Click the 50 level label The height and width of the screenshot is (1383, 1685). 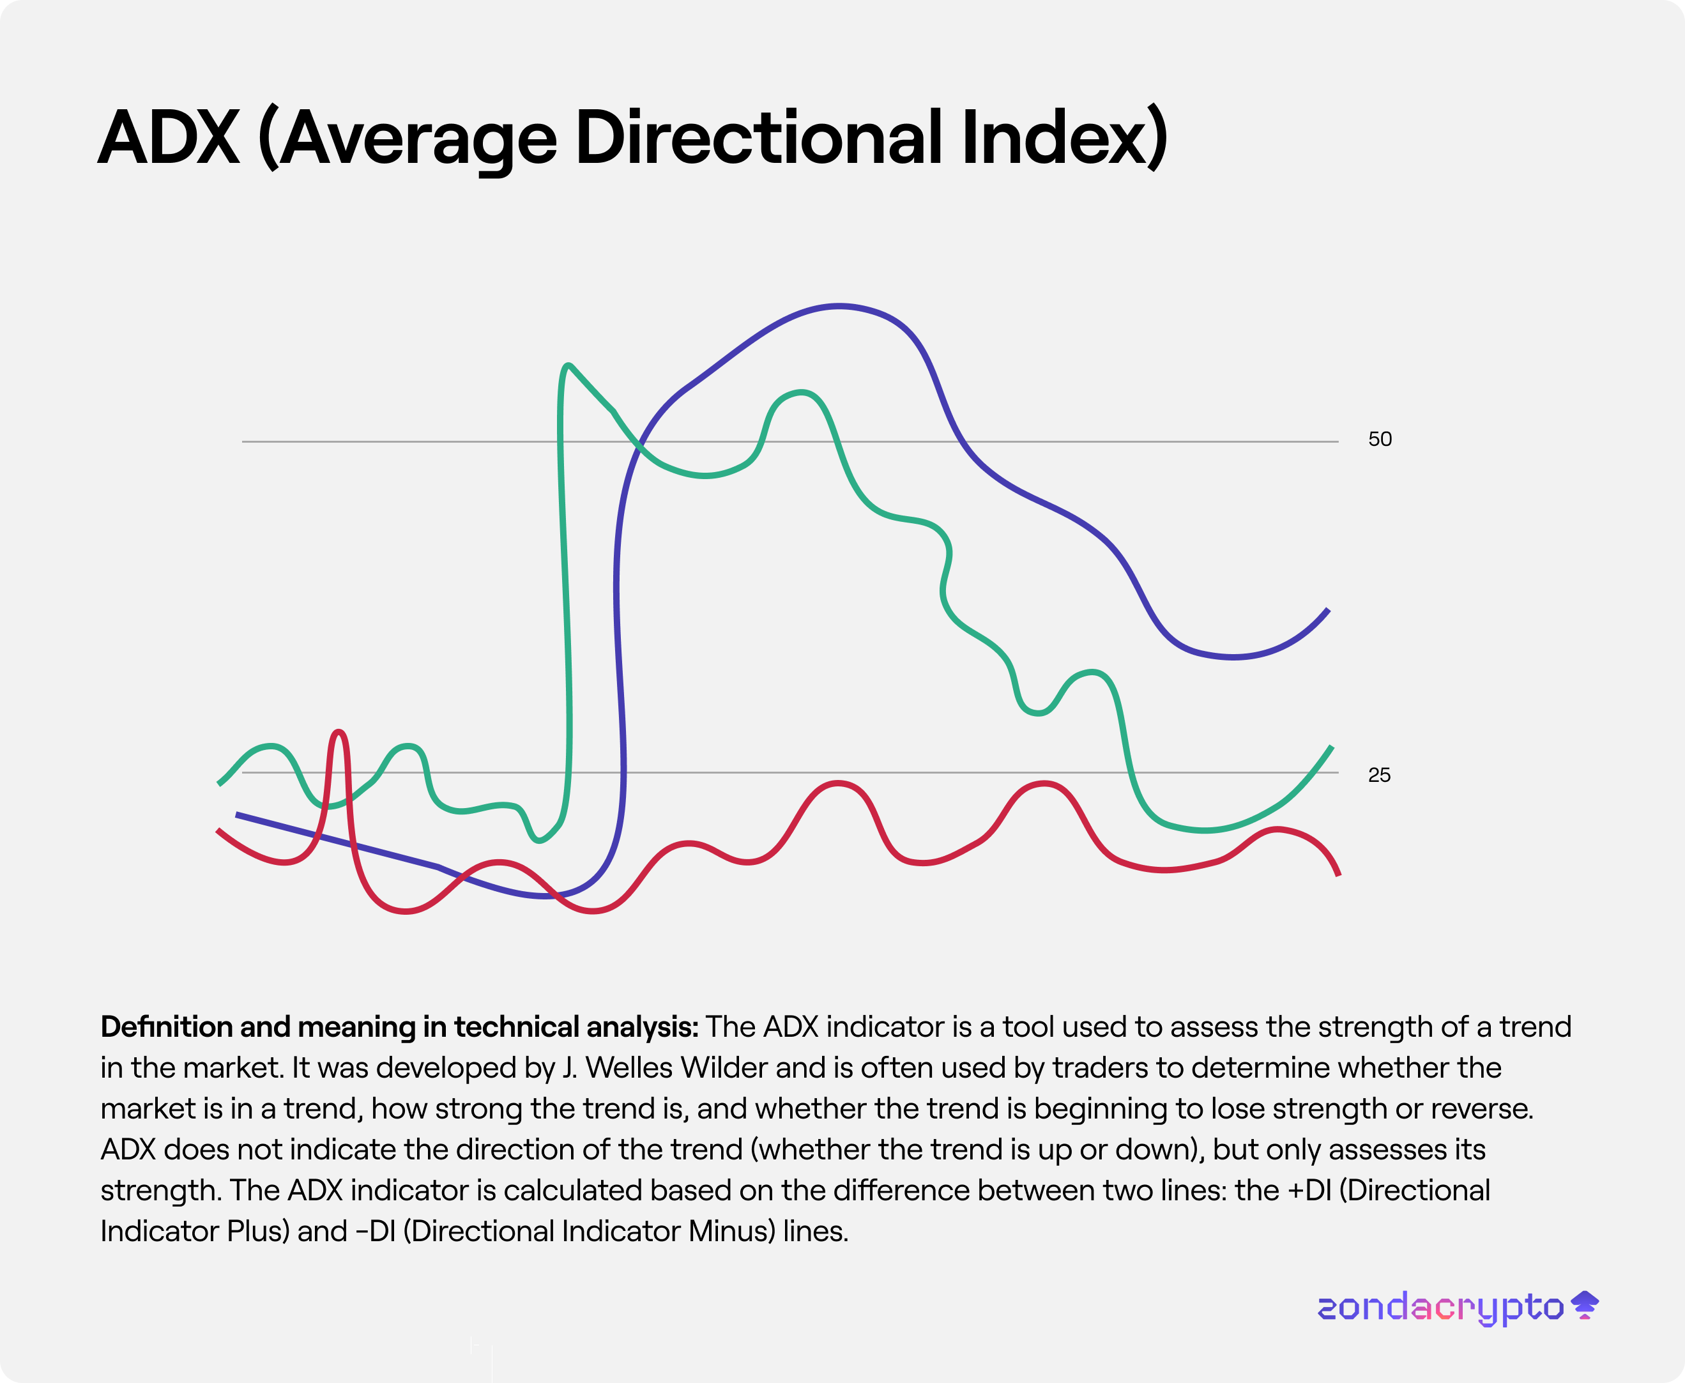click(x=1380, y=439)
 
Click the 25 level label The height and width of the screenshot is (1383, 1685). click(x=1379, y=775)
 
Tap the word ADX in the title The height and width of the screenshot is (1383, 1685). click(x=169, y=138)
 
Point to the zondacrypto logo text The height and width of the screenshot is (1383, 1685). click(x=1440, y=1308)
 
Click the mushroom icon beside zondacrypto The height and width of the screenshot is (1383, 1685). click(x=1585, y=1305)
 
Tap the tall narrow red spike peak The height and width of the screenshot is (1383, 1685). click(x=339, y=731)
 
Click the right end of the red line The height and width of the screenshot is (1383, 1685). click(x=1338, y=875)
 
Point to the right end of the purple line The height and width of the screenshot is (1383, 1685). click(x=1328, y=610)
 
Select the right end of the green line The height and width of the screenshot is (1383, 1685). click(x=1332, y=747)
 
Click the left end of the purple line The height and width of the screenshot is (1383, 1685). click(x=238, y=815)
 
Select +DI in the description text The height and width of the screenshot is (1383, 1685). click(x=1307, y=1190)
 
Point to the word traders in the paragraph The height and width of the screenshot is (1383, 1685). click(x=1100, y=1067)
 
